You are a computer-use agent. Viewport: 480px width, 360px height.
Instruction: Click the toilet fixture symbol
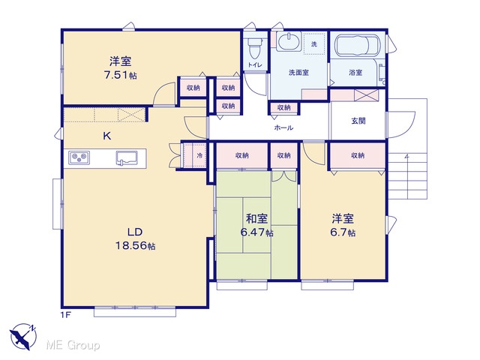255,48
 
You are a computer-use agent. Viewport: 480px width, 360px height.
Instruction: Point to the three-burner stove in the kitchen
79,157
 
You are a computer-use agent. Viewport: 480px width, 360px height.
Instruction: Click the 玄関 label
358,121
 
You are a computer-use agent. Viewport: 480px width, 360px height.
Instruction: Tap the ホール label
283,127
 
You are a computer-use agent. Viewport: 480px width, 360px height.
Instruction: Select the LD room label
135,232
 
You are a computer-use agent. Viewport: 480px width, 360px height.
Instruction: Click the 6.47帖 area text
256,232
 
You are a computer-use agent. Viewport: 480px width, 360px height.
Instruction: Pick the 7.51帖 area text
120,75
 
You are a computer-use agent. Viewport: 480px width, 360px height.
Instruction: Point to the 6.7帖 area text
343,232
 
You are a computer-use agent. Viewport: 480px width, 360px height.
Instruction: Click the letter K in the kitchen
106,136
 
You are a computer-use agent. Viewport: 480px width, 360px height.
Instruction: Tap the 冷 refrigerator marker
199,155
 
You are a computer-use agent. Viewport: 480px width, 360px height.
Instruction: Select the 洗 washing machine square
313,44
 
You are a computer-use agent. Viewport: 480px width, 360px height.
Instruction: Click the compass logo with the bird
23,336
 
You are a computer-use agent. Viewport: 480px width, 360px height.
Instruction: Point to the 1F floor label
66,314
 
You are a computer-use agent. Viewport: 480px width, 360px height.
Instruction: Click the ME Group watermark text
73,345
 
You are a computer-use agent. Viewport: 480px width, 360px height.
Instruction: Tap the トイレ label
255,65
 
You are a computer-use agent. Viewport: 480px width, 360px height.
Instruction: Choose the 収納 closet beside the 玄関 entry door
358,155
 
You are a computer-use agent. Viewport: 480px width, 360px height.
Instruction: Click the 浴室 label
355,73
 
